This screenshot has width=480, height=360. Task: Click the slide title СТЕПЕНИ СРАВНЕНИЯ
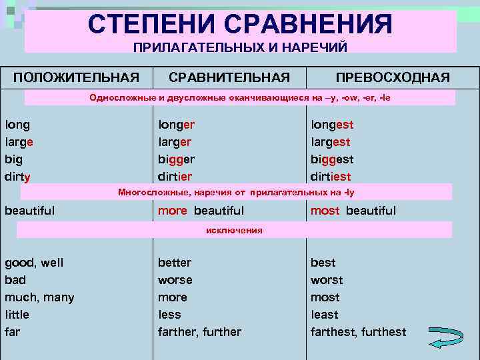click(x=240, y=25)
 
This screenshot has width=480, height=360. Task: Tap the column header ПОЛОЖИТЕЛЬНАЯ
click(x=77, y=78)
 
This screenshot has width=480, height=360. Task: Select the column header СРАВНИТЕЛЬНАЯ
click(x=229, y=78)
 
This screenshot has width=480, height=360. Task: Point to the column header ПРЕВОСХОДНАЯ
click(x=393, y=78)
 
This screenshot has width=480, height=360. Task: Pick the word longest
click(x=332, y=125)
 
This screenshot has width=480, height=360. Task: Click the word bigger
click(x=176, y=160)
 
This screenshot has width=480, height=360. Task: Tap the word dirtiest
click(x=331, y=177)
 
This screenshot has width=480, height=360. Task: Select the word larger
click(x=175, y=142)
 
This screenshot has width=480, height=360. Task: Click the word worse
click(x=175, y=280)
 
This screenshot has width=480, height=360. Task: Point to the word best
click(x=323, y=263)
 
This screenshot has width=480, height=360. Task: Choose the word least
click(x=325, y=315)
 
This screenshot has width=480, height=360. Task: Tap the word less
click(x=169, y=315)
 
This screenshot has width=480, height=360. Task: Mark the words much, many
click(x=39, y=297)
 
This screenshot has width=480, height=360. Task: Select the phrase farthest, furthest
click(x=358, y=332)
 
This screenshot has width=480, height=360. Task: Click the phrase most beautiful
click(x=353, y=211)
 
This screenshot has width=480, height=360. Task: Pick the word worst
click(x=327, y=280)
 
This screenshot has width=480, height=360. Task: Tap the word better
click(x=175, y=263)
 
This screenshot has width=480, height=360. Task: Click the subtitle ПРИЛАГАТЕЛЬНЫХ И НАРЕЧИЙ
click(x=240, y=47)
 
